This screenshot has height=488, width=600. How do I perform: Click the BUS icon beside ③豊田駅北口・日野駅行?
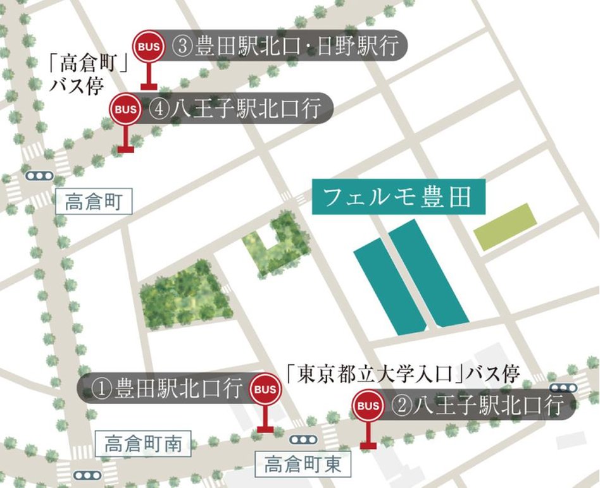[x=149, y=46]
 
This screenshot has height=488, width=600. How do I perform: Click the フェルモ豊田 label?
[x=398, y=198]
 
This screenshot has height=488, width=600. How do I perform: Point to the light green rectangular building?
[x=505, y=227]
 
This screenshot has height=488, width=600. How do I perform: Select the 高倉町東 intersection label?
[x=303, y=465]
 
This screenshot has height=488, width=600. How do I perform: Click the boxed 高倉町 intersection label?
[x=93, y=202]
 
